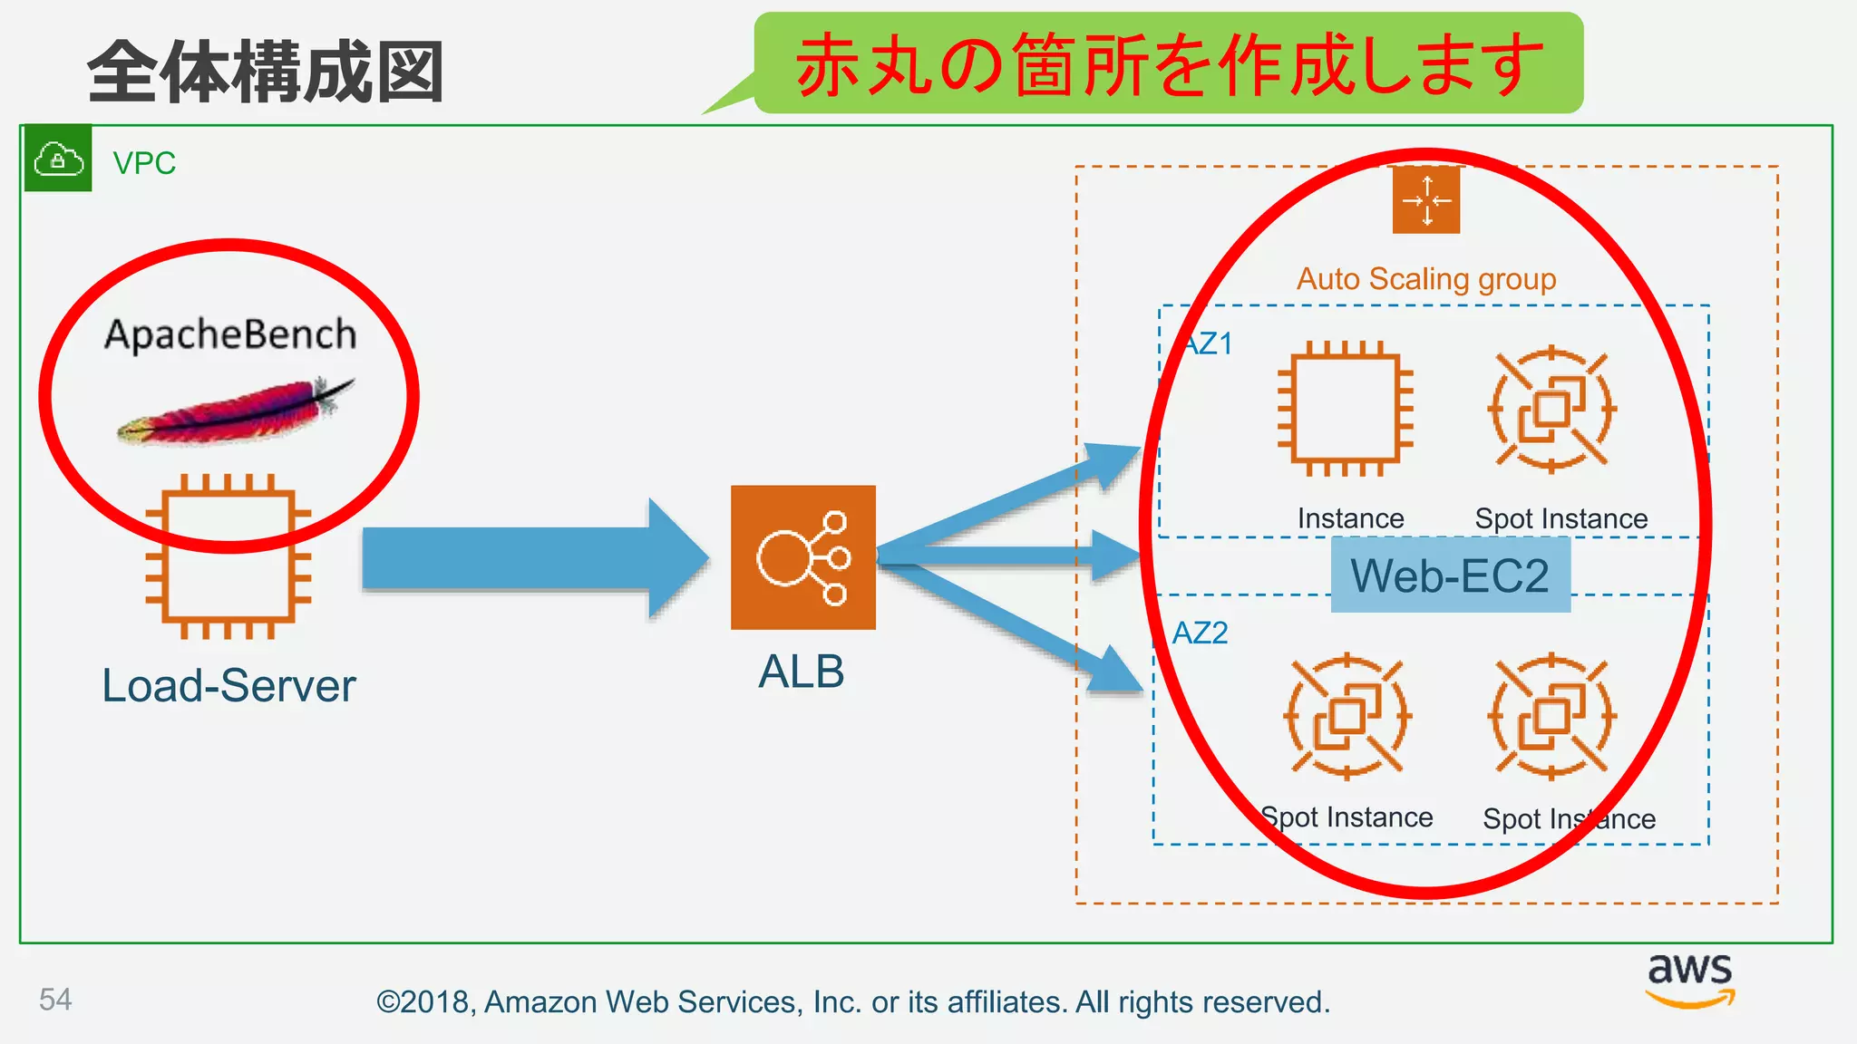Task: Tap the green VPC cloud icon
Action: [58, 159]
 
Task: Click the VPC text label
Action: [143, 163]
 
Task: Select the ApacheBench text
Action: [230, 334]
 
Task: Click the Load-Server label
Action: [228, 686]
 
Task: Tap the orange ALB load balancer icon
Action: [803, 557]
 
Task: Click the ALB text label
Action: [802, 672]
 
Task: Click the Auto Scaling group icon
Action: [1426, 200]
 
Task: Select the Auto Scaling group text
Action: [1426, 279]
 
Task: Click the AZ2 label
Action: [1200, 633]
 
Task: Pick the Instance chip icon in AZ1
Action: [1346, 409]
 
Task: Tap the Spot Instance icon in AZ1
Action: [1551, 409]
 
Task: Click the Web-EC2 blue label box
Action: [1450, 575]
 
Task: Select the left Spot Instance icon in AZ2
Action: [1347, 716]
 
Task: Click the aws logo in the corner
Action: [1690, 979]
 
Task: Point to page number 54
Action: [55, 1000]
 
